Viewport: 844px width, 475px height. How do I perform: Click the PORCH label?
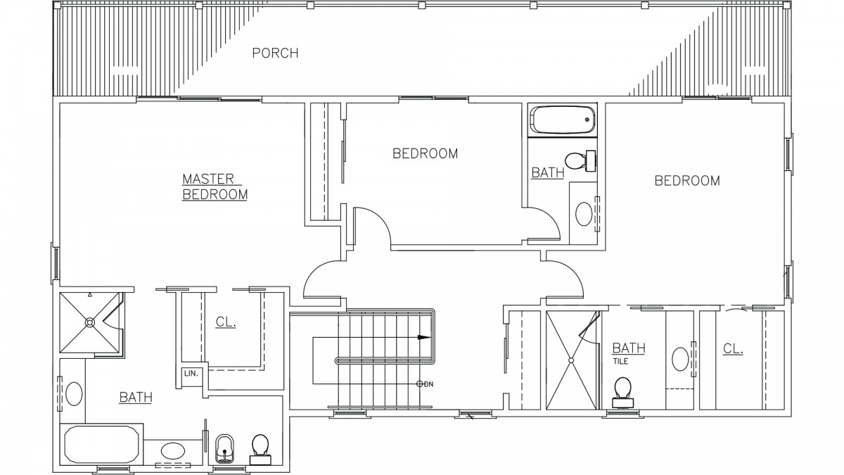tap(275, 53)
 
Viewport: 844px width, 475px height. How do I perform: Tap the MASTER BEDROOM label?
tap(215, 186)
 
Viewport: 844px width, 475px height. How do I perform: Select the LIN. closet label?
tap(191, 374)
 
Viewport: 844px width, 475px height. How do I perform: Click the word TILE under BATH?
tap(620, 361)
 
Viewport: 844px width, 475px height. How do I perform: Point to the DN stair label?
tap(429, 384)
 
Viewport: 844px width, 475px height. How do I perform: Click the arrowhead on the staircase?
tap(424, 337)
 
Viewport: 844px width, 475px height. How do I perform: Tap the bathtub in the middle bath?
tap(562, 120)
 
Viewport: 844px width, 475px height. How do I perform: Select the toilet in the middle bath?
tap(581, 161)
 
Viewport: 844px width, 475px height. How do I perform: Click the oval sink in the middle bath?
tap(584, 214)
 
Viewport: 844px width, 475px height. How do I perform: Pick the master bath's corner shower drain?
tap(90, 322)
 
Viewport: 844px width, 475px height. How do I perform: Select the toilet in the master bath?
tap(260, 450)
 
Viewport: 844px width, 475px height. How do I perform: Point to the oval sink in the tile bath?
tap(679, 359)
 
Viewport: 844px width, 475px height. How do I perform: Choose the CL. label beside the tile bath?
tap(733, 349)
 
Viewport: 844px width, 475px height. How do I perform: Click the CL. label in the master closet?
tap(226, 322)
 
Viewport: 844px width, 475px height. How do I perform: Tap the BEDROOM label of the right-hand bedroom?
tap(687, 181)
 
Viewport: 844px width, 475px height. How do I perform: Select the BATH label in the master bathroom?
tap(136, 397)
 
